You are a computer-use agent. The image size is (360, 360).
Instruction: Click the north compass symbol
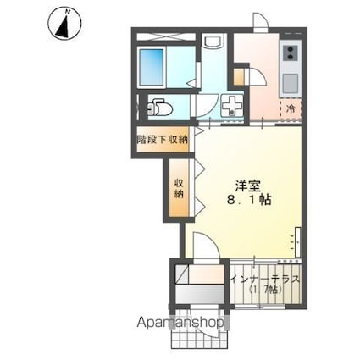(63, 23)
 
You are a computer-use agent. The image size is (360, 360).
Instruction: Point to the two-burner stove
(291, 55)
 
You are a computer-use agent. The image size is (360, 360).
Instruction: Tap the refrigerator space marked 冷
(290, 108)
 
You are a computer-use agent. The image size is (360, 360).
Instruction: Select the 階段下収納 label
(163, 140)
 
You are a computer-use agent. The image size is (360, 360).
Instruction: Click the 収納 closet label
(179, 188)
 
